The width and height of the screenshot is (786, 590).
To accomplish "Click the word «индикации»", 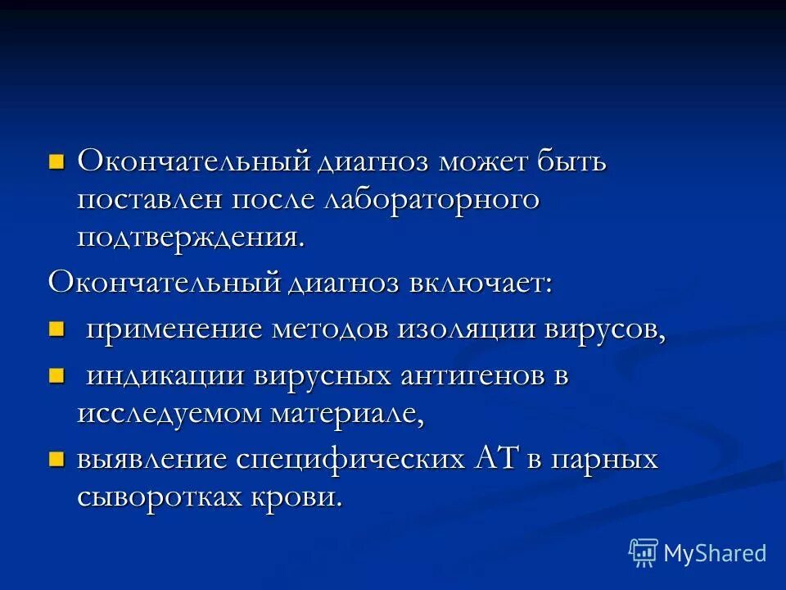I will tap(165, 376).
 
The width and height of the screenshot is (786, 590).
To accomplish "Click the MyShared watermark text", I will tap(714, 553).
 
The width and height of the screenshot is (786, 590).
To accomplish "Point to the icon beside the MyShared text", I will tap(644, 553).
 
